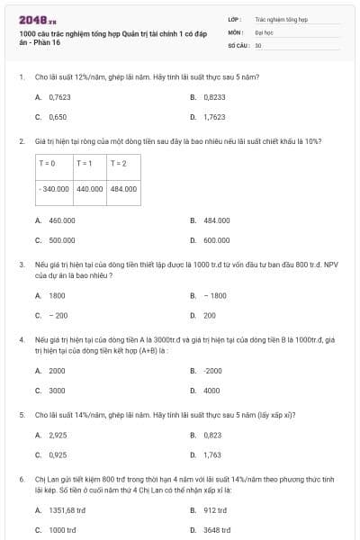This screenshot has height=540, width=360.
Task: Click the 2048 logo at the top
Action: (37, 20)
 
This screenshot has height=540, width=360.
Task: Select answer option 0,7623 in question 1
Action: (59, 96)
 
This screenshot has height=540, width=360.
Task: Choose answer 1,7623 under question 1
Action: (213, 117)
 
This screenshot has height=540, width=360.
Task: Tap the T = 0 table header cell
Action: (48, 163)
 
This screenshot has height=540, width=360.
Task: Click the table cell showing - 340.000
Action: (55, 189)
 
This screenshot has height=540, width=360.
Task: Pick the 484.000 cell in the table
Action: (123, 189)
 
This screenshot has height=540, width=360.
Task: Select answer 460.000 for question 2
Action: (61, 220)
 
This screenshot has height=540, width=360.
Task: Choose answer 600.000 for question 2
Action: (216, 240)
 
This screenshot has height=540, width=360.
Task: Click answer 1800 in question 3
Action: (57, 295)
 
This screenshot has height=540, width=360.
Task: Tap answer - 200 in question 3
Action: (58, 315)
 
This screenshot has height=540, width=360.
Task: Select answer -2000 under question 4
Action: (212, 371)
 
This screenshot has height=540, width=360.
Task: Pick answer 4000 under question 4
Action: (211, 391)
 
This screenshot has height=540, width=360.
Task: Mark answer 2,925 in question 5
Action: (58, 435)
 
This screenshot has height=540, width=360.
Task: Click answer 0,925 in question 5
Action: (58, 454)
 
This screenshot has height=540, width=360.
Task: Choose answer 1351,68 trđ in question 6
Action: (67, 510)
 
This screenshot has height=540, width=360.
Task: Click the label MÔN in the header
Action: (235, 31)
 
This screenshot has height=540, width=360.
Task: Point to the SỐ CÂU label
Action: (237, 44)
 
